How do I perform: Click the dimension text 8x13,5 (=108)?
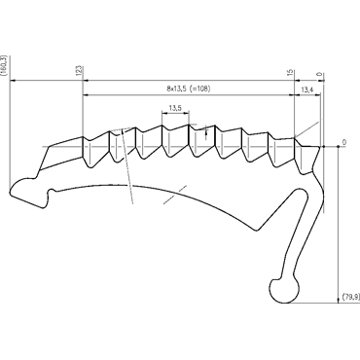pyautogui.click(x=189, y=89)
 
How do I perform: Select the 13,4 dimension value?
pyautogui.click(x=306, y=90)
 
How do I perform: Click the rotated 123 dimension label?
pyautogui.click(x=80, y=70)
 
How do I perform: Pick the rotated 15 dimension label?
pyautogui.click(x=290, y=72)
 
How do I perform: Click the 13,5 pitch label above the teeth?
pyautogui.click(x=175, y=108)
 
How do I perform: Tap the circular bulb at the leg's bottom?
pyautogui.click(x=284, y=290)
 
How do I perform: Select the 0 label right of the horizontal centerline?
pyautogui.click(x=344, y=142)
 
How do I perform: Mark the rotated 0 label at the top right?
pyautogui.click(x=319, y=74)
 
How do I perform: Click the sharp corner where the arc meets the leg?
pyautogui.click(x=257, y=231)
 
